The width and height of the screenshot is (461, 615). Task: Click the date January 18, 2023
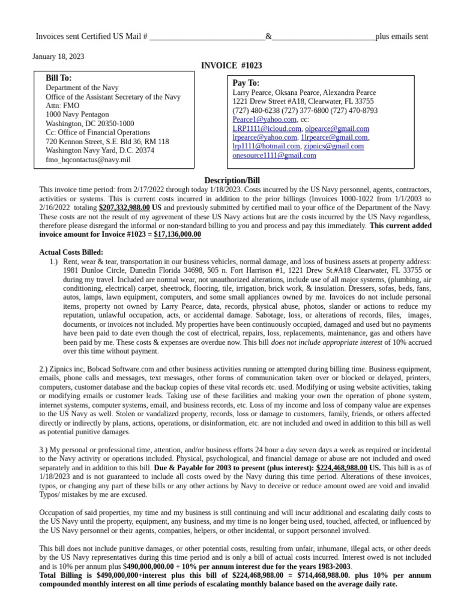coord(58,56)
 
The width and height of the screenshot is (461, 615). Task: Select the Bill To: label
coord(59,78)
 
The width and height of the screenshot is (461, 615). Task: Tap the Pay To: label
coord(246,82)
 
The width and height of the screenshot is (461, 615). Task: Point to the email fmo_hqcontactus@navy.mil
coord(88,160)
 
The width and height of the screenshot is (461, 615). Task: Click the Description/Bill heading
coord(232,180)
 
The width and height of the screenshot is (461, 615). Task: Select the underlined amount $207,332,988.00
coord(124,207)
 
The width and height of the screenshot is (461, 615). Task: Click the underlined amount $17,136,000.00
coord(177,234)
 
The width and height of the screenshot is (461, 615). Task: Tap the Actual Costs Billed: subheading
coord(71,252)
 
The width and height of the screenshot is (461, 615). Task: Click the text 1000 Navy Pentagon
coord(77,115)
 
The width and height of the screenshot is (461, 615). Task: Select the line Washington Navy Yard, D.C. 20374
coord(100,151)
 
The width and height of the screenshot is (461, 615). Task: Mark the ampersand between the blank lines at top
coord(268,37)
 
